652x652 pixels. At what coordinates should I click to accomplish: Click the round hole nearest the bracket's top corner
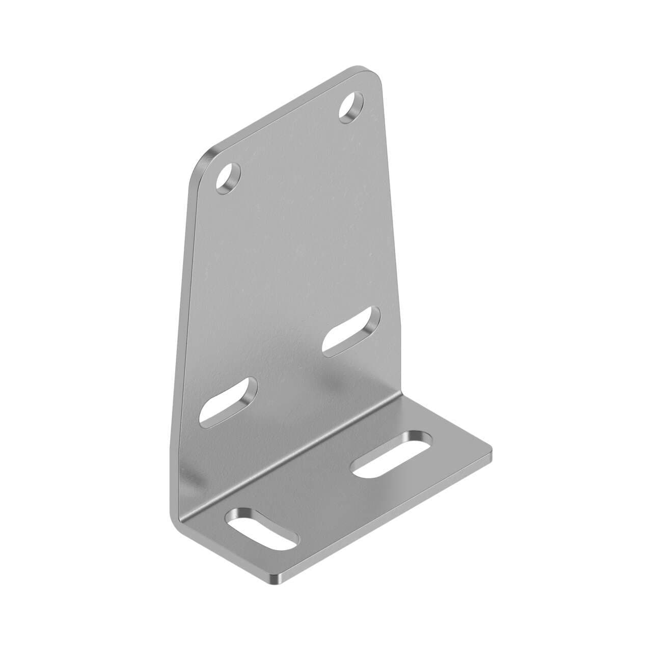pos(351,105)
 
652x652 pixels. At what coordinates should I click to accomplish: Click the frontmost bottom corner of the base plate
pos(275,580)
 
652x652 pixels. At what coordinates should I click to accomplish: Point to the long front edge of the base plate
pos(387,514)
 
